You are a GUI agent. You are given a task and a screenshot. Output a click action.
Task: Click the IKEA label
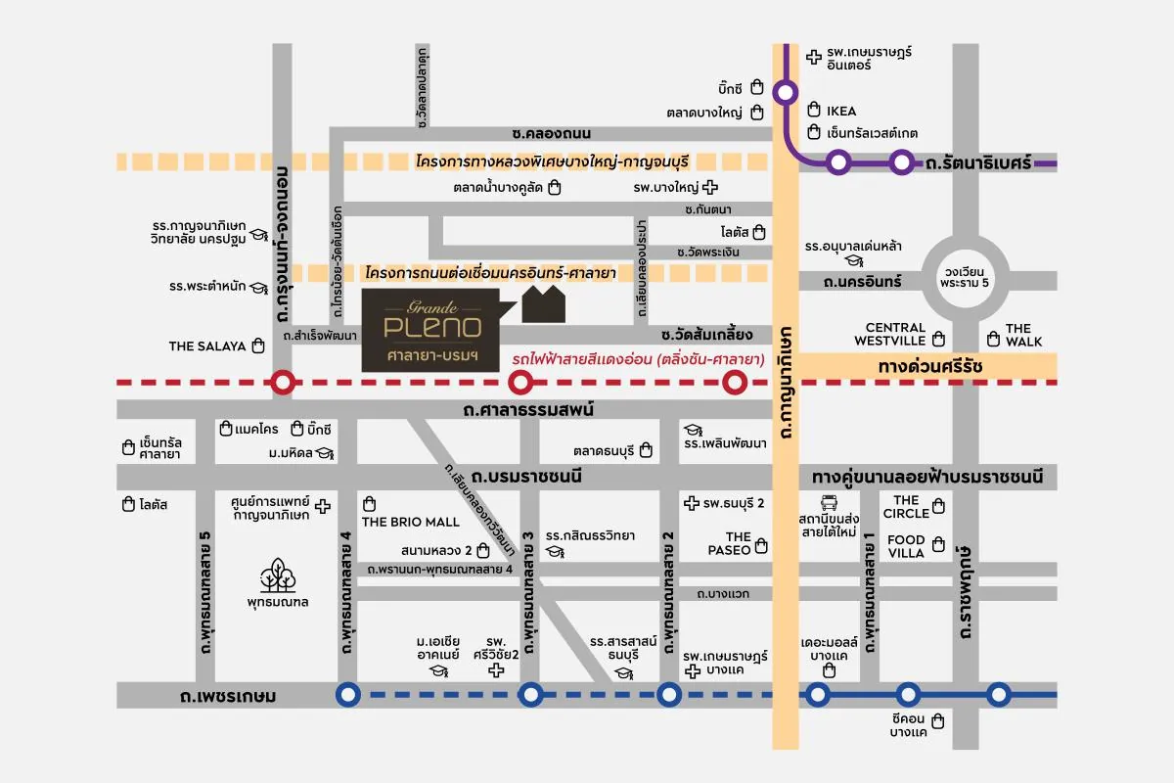[841, 112]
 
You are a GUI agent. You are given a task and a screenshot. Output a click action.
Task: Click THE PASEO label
[730, 543]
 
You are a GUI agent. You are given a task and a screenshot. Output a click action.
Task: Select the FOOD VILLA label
[906, 546]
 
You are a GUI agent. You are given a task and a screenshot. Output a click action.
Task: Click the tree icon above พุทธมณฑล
[279, 575]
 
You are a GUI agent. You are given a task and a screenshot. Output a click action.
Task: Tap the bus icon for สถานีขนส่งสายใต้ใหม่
[829, 503]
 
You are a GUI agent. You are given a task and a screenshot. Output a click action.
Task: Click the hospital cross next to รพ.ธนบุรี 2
[694, 503]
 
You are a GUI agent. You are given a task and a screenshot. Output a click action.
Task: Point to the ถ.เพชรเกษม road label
[228, 697]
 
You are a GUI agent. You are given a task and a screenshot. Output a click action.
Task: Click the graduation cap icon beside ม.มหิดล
[325, 453]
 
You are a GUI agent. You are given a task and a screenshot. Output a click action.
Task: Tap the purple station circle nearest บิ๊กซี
[786, 93]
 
